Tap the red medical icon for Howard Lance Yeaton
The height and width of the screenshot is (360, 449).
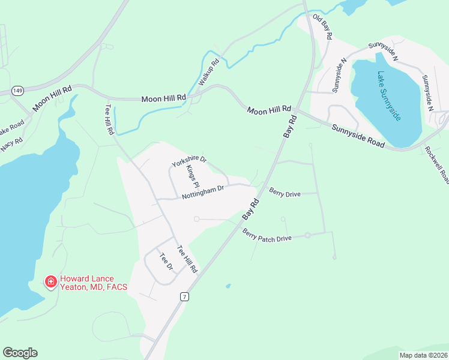[x=51, y=281]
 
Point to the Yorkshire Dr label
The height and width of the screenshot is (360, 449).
[x=188, y=161]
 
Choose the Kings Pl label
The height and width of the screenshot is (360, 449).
[x=192, y=177]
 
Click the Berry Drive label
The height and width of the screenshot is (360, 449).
[x=285, y=193]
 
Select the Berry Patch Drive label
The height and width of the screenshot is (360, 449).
[x=267, y=235]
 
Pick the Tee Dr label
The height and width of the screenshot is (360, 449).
[x=166, y=262]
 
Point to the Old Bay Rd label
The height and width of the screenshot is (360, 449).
[x=323, y=29]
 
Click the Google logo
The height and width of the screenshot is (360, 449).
[x=20, y=353]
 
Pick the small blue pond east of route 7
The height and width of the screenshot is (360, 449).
[x=228, y=286]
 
